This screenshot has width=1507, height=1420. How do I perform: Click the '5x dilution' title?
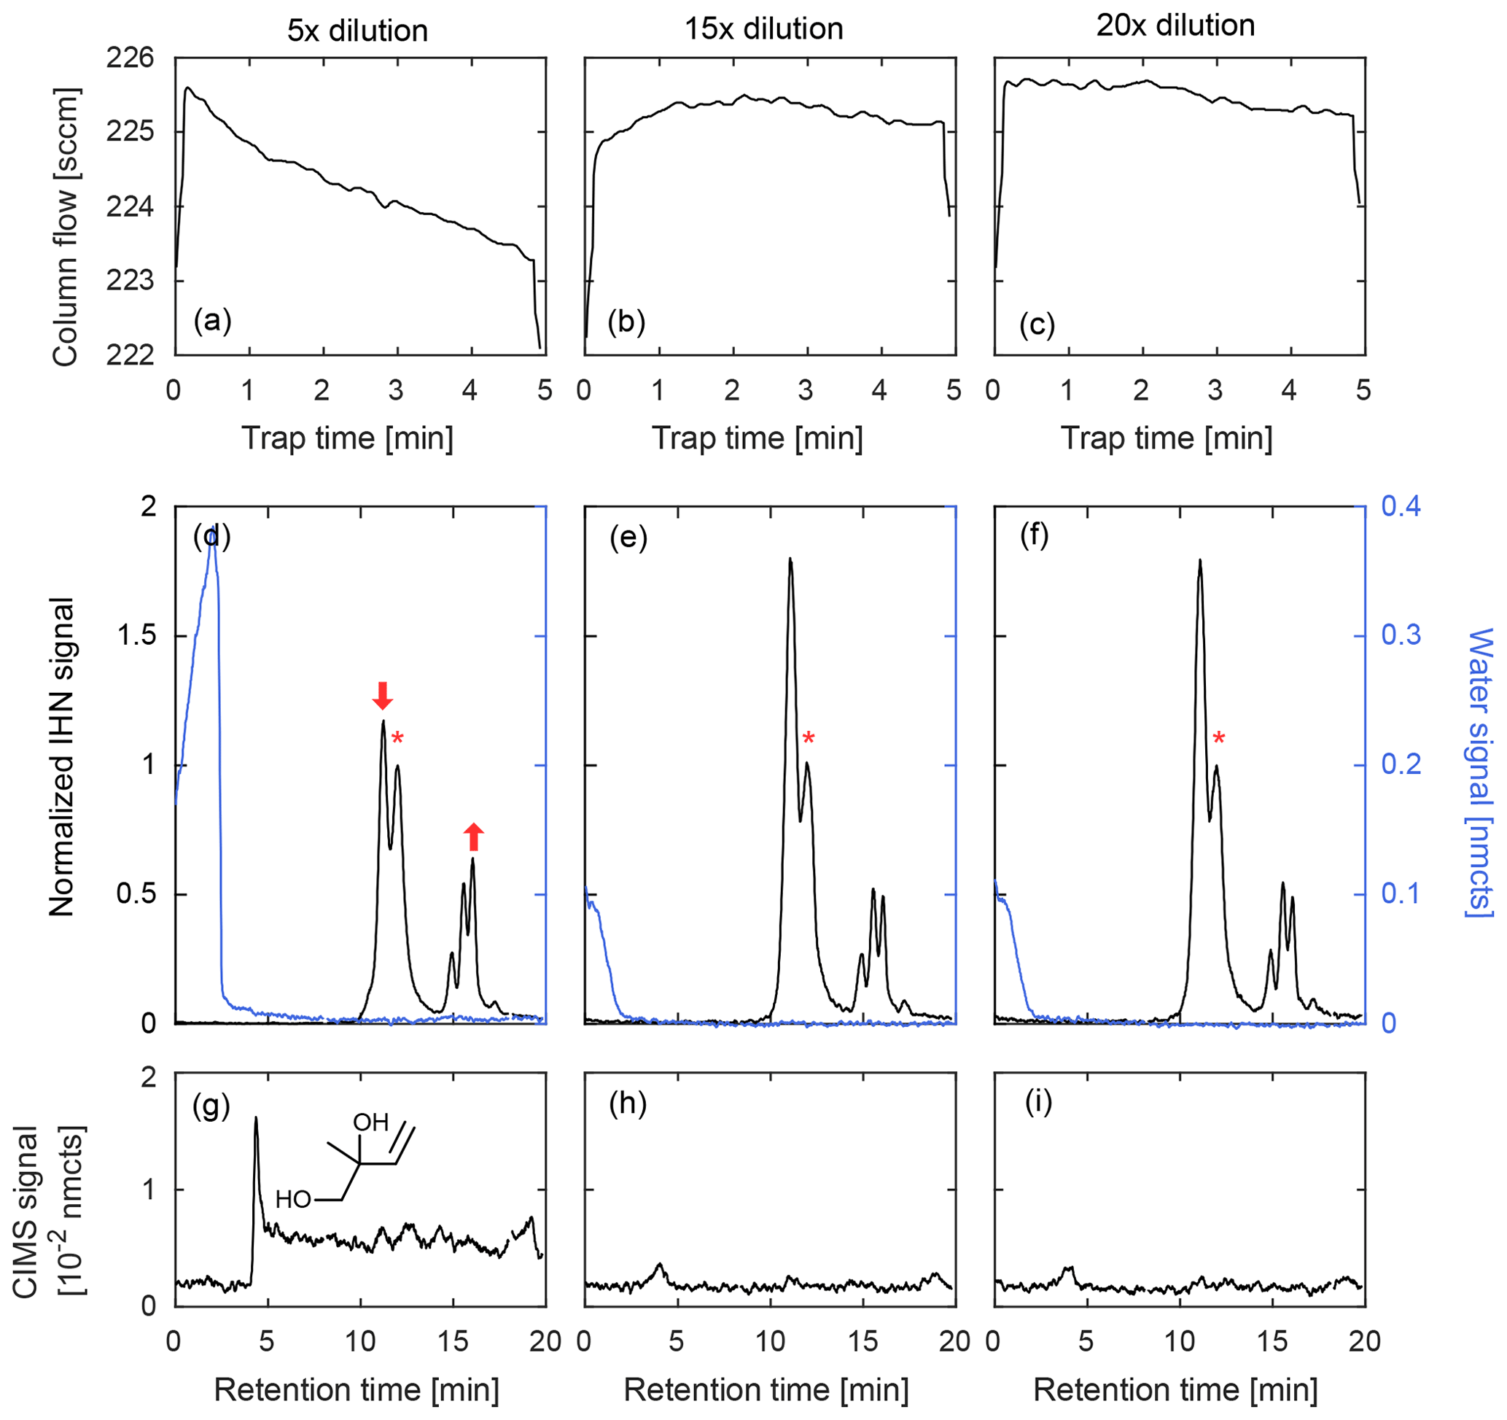(357, 31)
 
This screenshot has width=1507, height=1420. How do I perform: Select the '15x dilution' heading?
(763, 29)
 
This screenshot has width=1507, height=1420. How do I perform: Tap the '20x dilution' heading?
(1175, 26)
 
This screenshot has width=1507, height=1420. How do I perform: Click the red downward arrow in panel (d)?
(383, 695)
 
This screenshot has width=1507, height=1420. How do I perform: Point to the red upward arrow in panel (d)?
(473, 837)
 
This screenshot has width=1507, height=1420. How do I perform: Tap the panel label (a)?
(212, 321)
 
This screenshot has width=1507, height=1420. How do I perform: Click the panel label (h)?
(628, 1104)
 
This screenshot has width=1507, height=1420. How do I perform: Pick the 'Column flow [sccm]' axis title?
(66, 227)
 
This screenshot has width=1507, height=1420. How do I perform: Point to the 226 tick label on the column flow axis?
(131, 58)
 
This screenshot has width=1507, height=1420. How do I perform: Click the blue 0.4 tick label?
(1401, 505)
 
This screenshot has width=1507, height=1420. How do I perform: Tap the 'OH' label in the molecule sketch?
(370, 1122)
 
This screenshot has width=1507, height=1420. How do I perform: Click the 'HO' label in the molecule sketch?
(293, 1200)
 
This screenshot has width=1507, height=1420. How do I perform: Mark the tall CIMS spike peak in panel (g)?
(255, 1118)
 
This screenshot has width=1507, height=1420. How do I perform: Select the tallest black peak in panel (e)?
(790, 560)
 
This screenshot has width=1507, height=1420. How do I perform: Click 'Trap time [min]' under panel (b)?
(758, 438)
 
